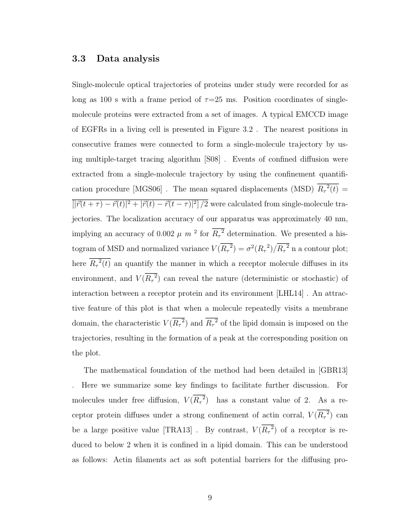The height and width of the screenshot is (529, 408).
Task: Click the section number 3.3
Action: pyautogui.click(x=78, y=59)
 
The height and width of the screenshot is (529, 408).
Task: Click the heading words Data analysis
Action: pyautogui.click(x=128, y=59)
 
